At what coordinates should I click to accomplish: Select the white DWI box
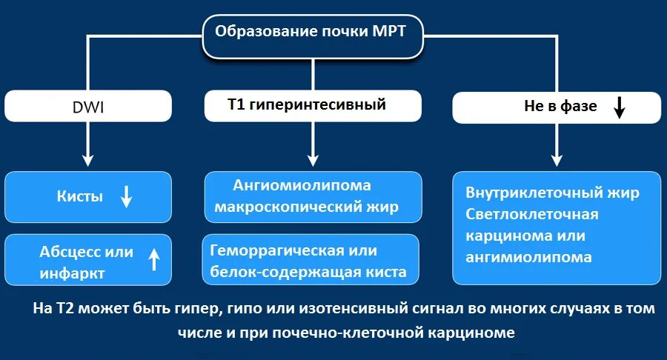(89, 106)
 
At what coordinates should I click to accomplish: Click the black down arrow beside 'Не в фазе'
(620, 108)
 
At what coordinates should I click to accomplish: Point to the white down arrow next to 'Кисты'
(126, 196)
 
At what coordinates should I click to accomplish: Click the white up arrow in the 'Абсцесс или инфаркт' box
(154, 259)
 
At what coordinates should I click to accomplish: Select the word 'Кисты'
(80, 197)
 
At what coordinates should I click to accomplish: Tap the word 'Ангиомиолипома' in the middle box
(302, 185)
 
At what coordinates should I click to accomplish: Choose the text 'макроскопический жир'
(306, 207)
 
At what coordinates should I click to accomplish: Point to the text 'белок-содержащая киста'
(308, 272)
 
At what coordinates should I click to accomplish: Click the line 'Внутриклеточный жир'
(552, 193)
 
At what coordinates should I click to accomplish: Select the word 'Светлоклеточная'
(532, 214)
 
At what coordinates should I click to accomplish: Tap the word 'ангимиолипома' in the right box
(529, 257)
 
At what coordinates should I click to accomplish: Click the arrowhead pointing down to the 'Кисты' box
(87, 159)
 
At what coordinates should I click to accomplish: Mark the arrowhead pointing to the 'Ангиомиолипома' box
(313, 159)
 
